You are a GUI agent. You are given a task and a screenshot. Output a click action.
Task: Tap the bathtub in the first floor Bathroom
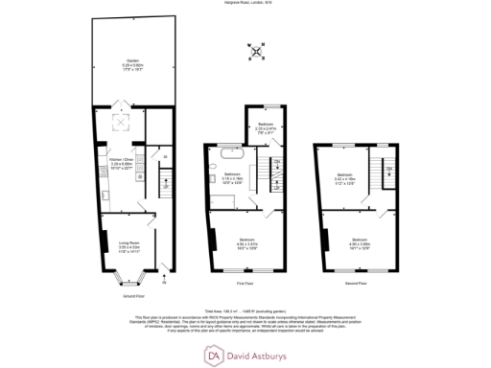[231, 152]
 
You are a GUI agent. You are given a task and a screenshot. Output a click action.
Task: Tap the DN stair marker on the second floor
[390, 170]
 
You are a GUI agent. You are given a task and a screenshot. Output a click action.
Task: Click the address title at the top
[245, 5]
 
